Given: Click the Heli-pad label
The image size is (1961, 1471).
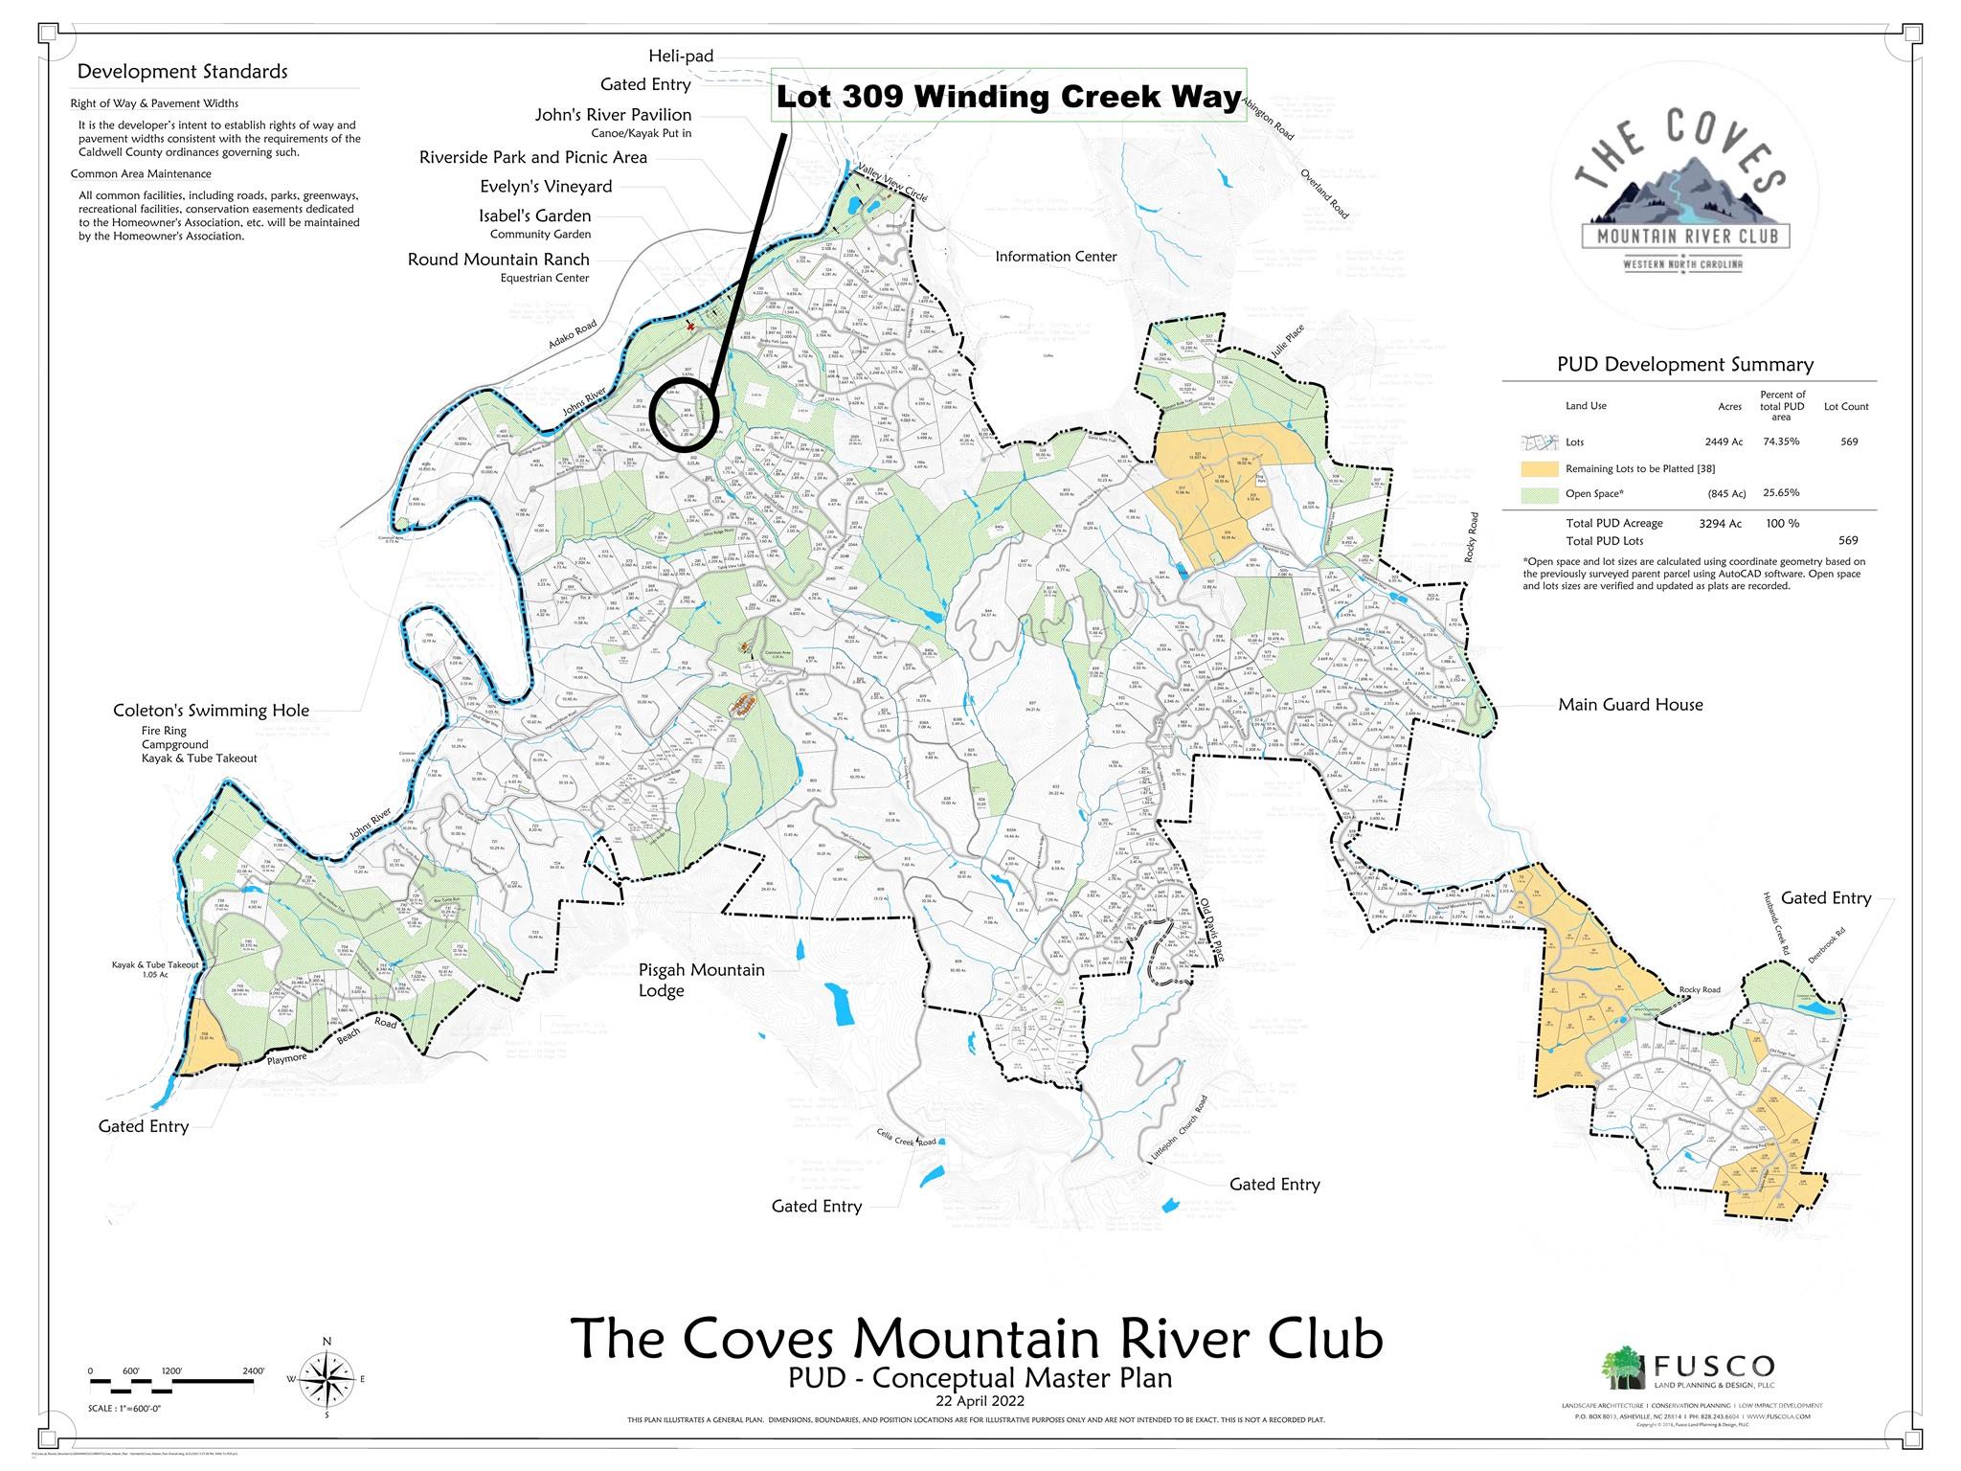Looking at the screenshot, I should (680, 57).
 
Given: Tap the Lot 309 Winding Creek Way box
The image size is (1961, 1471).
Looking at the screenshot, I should (1007, 97).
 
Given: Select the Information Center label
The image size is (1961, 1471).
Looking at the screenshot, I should (1055, 257).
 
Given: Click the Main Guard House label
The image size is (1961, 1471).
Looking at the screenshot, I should (1630, 705).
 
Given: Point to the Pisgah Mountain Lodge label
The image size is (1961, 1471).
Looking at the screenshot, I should (701, 980).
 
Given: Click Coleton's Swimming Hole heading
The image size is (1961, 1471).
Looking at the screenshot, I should (211, 711).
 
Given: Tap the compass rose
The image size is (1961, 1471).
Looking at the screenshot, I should (327, 1378).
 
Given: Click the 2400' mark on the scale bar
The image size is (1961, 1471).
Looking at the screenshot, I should (253, 1371).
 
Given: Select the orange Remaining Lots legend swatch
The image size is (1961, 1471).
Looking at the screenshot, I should (1539, 469).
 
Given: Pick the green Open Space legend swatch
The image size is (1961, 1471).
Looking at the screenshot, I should (1539, 494).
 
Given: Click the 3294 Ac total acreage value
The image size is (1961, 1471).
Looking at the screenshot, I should (1721, 524).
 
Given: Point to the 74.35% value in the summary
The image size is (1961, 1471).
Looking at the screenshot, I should (1781, 442).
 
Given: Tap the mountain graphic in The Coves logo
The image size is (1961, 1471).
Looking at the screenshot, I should (1684, 191).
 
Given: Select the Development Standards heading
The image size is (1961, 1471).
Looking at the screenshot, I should (182, 72).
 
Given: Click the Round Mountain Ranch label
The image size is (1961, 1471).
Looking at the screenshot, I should (498, 260).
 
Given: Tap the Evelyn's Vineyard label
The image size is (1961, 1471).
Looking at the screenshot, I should (545, 187).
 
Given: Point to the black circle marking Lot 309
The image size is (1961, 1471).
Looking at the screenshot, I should (687, 416).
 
